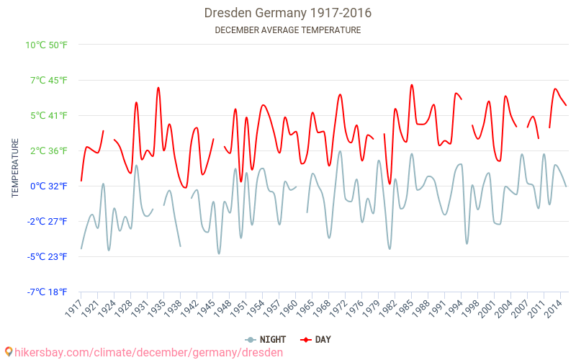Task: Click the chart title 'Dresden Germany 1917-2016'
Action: (288, 13)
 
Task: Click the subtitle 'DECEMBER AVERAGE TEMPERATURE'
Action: (288, 30)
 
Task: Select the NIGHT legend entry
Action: (266, 339)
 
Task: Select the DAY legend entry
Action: (316, 339)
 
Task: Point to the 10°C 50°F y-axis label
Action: (47, 45)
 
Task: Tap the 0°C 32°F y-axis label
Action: (49, 186)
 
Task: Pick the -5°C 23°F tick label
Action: (48, 256)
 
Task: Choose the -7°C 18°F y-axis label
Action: (48, 292)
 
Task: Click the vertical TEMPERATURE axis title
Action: (15, 168)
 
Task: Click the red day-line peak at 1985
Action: (412, 85)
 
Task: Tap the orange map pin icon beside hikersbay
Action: (9, 351)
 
